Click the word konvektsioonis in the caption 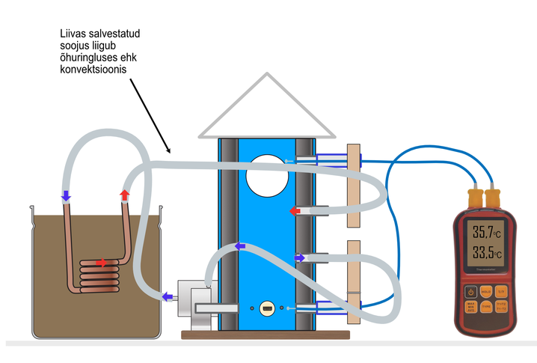pyautogui.click(x=94, y=69)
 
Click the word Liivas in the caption pyautogui.click(x=73, y=33)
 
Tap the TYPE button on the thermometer pyautogui.click(x=485, y=307)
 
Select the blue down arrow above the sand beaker pyautogui.click(x=66, y=197)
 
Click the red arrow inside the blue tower pyautogui.click(x=295, y=212)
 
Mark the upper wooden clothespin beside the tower pyautogui.click(x=355, y=184)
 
